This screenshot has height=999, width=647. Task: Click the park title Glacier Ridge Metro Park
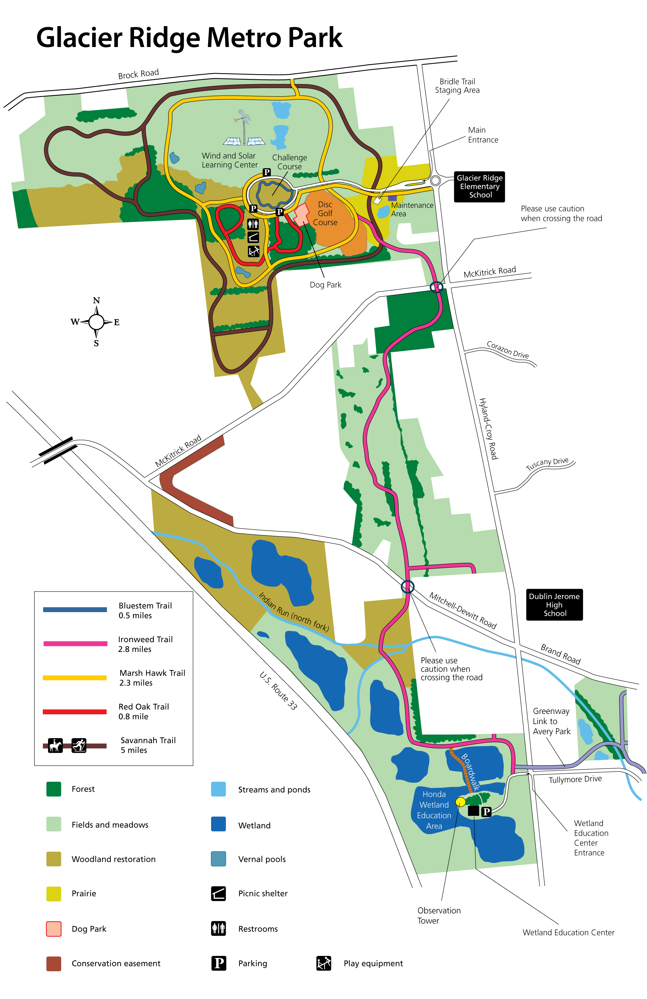coord(189,38)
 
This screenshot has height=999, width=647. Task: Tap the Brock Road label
coord(138,74)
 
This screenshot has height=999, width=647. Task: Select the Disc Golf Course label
coord(325,213)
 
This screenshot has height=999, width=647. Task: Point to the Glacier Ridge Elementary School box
coord(479,187)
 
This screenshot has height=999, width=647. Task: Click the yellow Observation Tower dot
coord(460,802)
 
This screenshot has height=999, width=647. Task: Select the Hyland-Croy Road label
coord(489,429)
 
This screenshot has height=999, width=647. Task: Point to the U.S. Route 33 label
coord(278,690)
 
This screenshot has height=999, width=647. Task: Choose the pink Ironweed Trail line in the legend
coord(75,643)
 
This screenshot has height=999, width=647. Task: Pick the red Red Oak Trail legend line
coord(75,711)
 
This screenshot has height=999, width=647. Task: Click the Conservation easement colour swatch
coord(54,964)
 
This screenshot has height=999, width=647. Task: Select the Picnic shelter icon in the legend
coord(219,894)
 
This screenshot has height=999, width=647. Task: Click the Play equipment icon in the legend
coord(323,963)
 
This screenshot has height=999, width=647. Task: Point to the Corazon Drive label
coord(507,349)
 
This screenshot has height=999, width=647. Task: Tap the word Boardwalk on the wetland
coord(471,772)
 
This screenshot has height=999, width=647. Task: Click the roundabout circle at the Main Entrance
coord(435,181)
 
